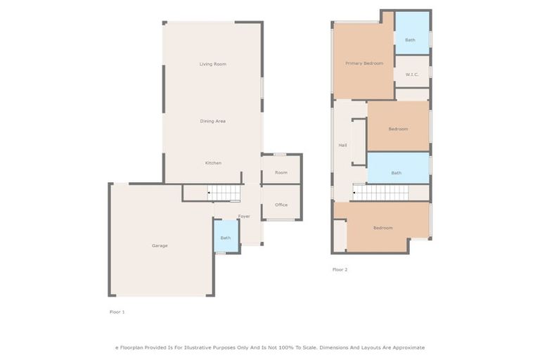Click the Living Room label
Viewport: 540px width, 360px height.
tap(212, 64)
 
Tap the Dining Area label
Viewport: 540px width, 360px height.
tap(212, 121)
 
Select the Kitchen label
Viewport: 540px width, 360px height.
tap(213, 162)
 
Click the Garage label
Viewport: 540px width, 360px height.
tap(160, 245)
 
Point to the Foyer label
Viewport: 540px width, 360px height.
tap(244, 216)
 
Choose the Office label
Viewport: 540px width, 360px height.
tap(281, 205)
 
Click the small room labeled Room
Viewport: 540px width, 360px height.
tap(281, 172)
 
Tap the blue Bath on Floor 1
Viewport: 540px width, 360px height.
tap(226, 238)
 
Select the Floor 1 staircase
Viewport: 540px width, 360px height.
tap(224, 193)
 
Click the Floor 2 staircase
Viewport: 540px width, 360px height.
tap(380, 192)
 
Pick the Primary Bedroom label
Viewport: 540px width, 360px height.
tap(364, 63)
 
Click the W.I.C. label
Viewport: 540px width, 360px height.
tap(412, 74)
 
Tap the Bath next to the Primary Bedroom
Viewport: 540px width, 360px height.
tap(410, 39)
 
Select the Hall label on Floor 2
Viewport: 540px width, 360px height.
tap(342, 145)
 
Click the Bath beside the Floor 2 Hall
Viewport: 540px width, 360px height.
tap(397, 172)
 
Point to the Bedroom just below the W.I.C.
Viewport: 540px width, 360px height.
tap(398, 129)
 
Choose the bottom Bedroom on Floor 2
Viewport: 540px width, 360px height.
tap(382, 228)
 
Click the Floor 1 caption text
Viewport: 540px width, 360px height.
tap(117, 311)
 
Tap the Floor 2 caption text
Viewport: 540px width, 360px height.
tap(340, 269)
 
